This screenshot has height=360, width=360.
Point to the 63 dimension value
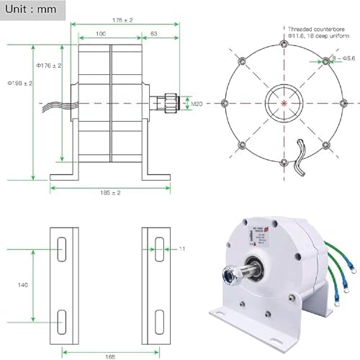coord(154,35)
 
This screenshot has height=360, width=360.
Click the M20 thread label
coord(195,104)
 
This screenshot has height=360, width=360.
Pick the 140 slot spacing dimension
coord(23,284)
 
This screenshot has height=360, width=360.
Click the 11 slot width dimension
coord(182,248)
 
